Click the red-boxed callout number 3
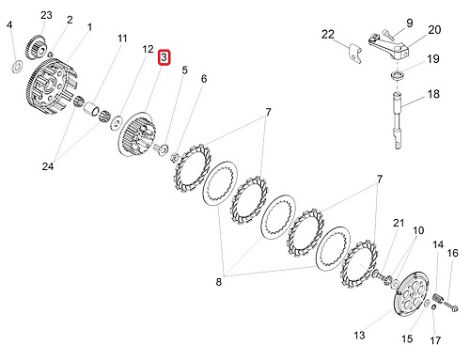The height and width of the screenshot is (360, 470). coord(164,57)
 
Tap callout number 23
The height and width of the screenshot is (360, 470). coord(46,15)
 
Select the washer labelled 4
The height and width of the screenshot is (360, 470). coord(17,66)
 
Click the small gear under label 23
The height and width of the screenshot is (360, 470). coord(36,48)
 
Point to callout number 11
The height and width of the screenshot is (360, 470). coord(122,39)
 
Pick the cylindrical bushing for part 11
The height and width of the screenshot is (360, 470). coord(92,108)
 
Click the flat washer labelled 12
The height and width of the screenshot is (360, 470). coord(117,122)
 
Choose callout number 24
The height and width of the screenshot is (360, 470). coord(48,166)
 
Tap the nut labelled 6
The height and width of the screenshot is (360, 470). coord(175,157)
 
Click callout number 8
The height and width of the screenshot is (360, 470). coord(218,282)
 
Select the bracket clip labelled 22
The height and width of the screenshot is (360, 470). coord(354,53)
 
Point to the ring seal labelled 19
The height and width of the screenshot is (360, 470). coord(397,75)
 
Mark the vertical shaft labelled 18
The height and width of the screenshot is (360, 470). coord(398,120)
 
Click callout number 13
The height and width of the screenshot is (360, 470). coord(359,336)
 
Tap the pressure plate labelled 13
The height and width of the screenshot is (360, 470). coord(410,293)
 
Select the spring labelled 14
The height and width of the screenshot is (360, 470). coord(438,298)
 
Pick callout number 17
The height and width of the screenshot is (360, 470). coord(435,340)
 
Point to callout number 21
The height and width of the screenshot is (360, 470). coord(399,223)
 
